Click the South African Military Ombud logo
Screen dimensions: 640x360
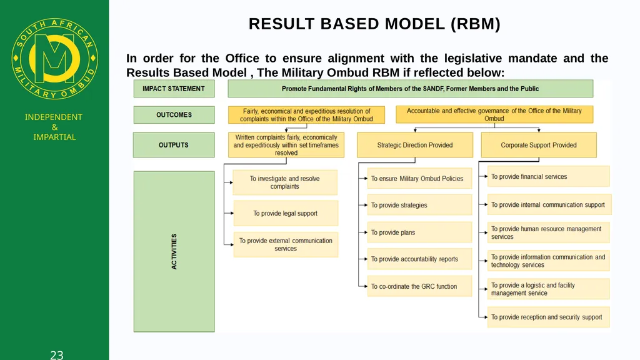tap(55, 59)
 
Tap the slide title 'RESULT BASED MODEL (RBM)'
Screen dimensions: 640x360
tap(374, 24)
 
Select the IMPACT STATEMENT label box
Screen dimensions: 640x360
tap(174, 89)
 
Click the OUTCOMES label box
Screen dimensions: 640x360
tap(174, 115)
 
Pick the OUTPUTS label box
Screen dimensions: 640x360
tap(174, 145)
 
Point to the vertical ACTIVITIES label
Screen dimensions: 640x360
tap(174, 251)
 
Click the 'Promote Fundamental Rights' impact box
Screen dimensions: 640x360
tap(410, 89)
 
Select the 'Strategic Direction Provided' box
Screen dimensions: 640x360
tap(415, 145)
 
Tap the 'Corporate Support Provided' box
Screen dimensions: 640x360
tap(539, 145)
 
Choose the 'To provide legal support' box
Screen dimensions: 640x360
tap(286, 213)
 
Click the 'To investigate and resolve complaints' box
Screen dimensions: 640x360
tap(285, 182)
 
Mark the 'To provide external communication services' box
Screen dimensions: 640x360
tap(286, 244)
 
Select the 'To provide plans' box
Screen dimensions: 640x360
tap(419, 232)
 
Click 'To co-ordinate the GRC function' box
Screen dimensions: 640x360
tap(419, 286)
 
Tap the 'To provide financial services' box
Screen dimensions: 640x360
tap(549, 176)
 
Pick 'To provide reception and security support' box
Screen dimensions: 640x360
tap(549, 317)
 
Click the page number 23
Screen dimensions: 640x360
tap(57, 355)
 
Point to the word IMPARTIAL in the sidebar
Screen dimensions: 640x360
tap(55, 137)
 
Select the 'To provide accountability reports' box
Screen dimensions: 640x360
tap(419, 259)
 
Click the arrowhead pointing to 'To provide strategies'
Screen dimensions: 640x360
tap(366, 205)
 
